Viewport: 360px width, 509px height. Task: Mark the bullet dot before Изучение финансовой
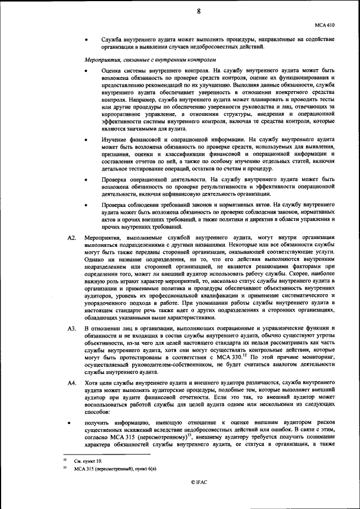[85, 139]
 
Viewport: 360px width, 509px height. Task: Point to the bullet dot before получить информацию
[70, 422]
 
